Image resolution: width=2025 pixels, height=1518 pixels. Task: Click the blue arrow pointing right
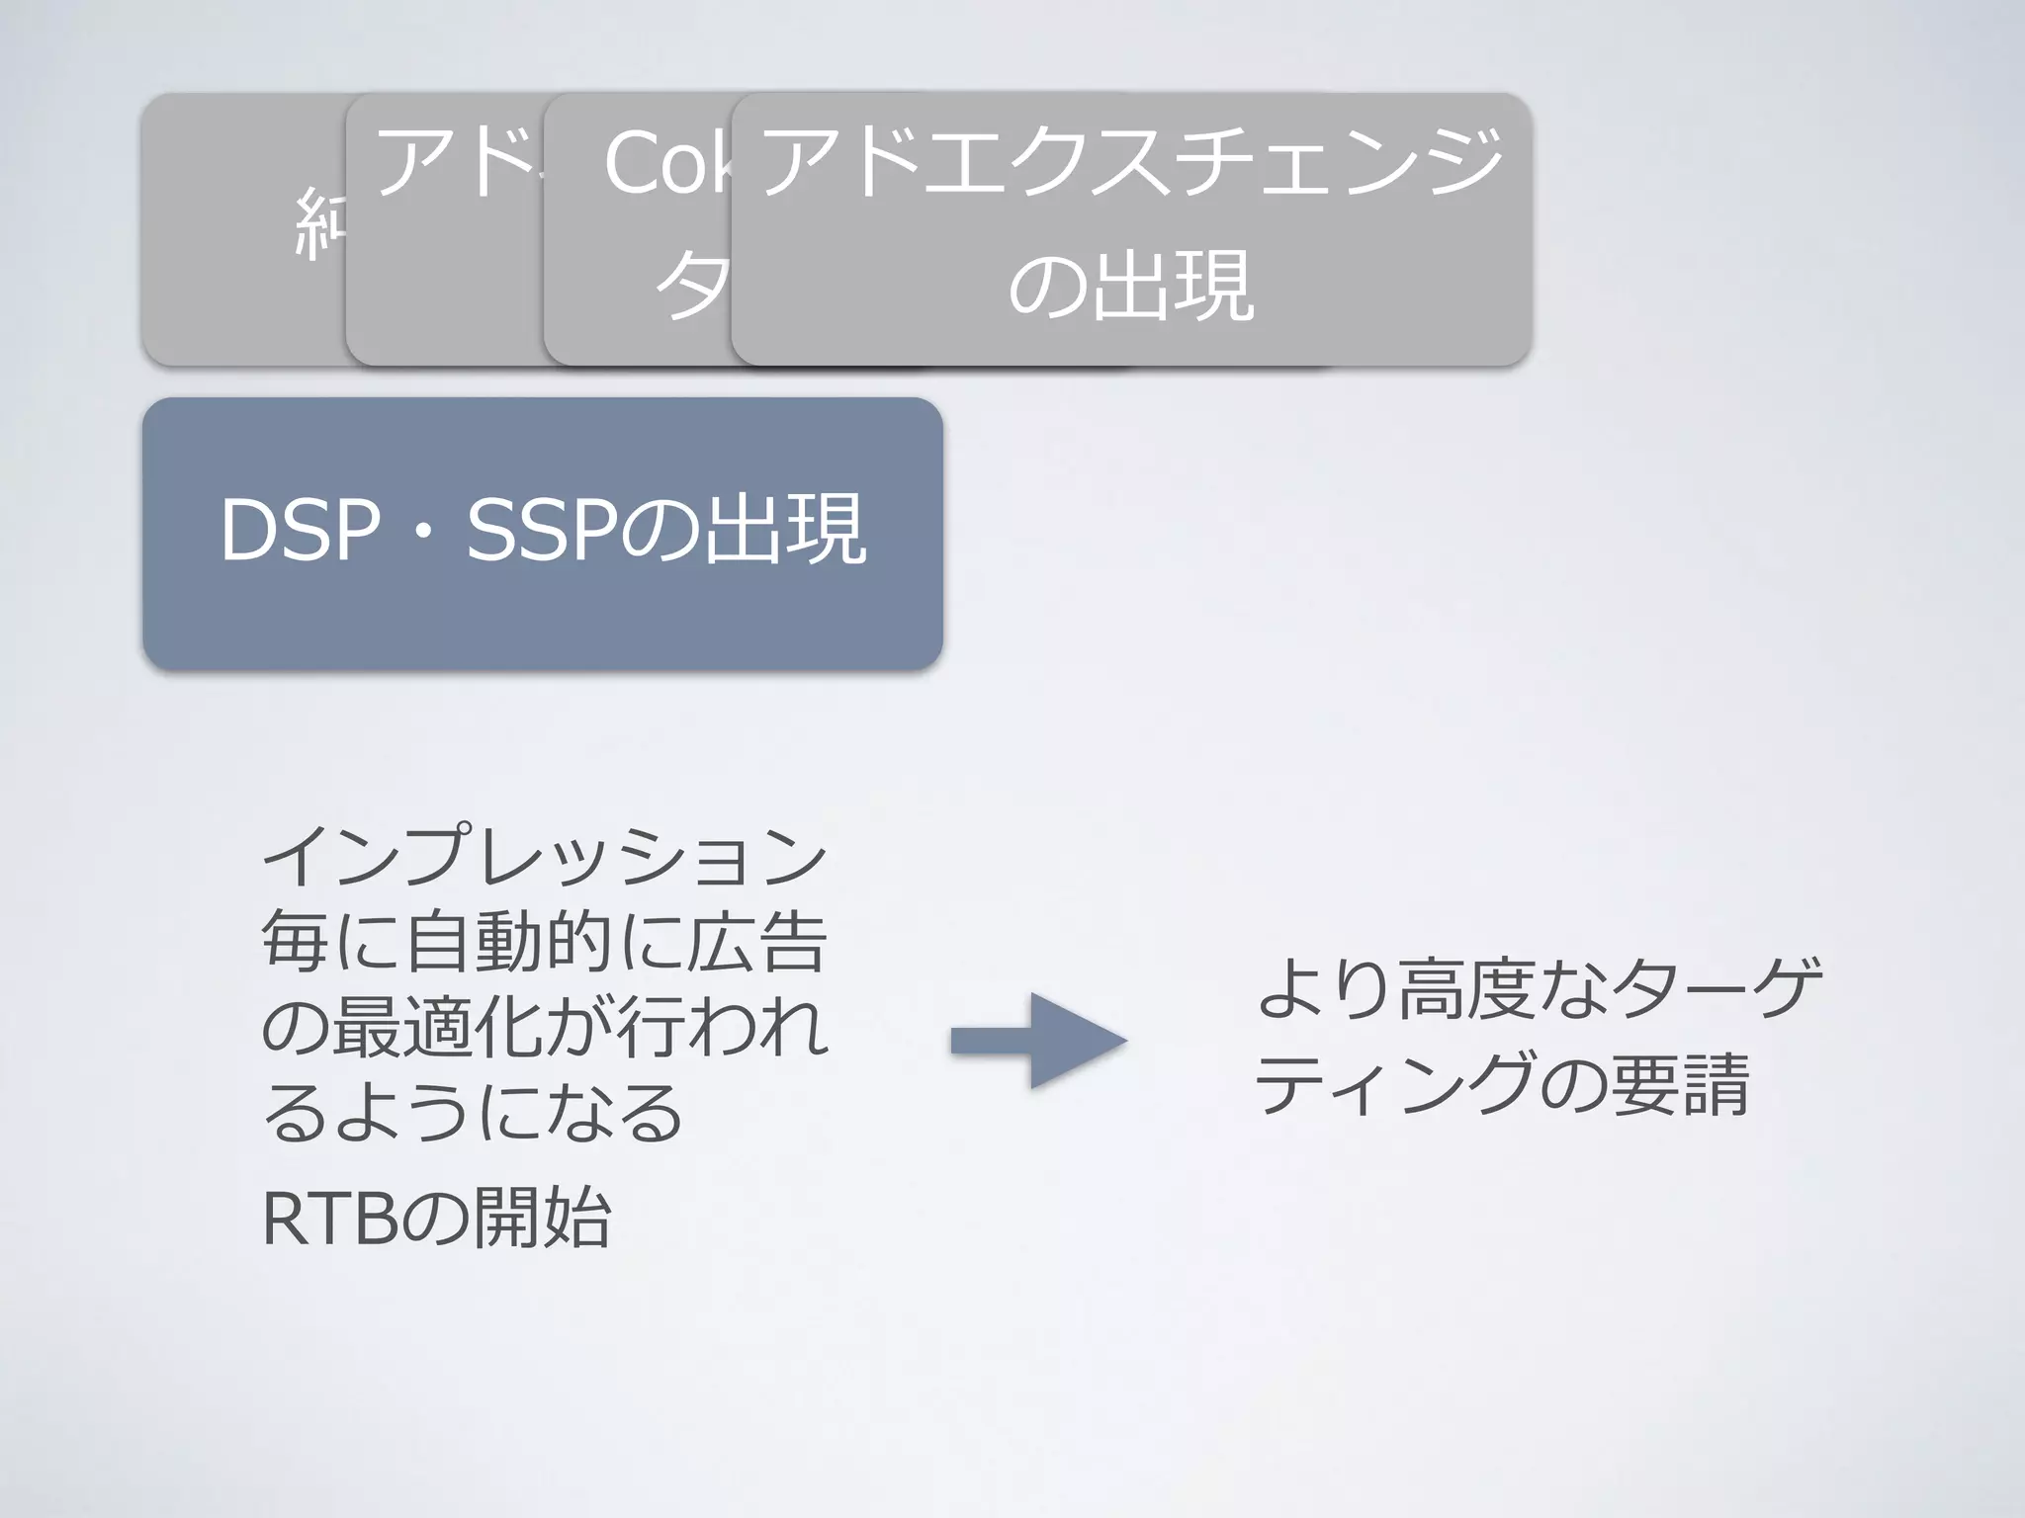tap(1038, 1041)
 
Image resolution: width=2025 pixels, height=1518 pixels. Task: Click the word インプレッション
tap(543, 856)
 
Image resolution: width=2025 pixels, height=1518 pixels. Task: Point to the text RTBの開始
tap(436, 1218)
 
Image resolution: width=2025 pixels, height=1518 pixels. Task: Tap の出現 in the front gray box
tap(1131, 287)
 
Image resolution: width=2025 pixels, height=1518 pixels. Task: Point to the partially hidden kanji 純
tap(319, 225)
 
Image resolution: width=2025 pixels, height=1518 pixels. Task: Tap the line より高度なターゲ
tap(1539, 988)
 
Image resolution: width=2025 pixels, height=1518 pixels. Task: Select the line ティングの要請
tap(1503, 1083)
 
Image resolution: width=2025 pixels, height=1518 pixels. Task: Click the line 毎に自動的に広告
tap(543, 943)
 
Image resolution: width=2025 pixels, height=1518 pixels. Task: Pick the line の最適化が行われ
tap(543, 1028)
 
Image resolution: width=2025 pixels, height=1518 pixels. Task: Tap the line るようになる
tap(473, 1113)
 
